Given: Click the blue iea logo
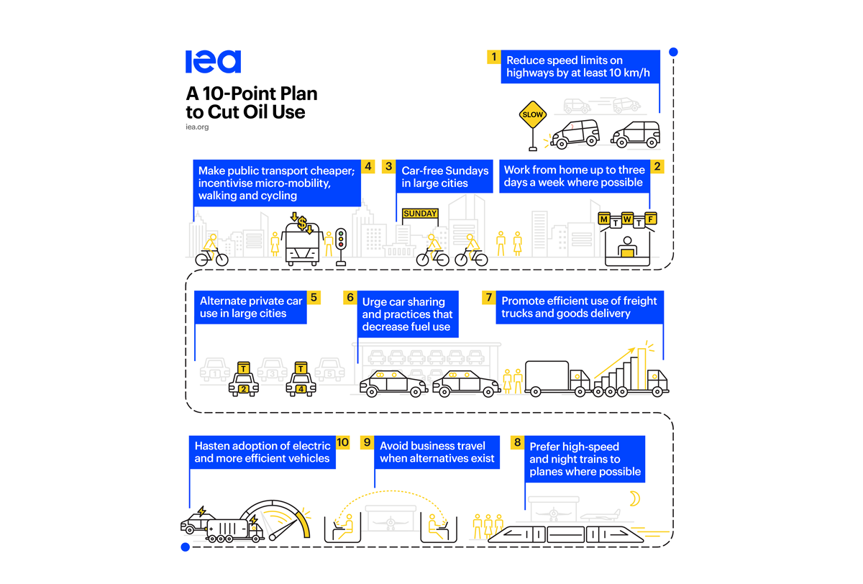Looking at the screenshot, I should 213,62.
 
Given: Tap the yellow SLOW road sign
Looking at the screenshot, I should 533,114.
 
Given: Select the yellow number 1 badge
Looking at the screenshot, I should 493,56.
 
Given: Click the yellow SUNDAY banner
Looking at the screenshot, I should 420,214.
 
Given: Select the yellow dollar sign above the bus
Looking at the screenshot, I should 303,223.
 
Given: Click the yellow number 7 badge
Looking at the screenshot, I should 488,297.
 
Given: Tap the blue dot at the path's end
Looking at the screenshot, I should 185,547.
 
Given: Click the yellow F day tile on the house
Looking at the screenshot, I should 650,218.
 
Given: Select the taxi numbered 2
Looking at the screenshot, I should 243,382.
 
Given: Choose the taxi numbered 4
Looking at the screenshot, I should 301,382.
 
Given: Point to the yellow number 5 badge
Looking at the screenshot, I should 313,297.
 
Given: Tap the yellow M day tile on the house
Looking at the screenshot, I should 604,218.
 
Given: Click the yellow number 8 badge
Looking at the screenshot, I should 516,442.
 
